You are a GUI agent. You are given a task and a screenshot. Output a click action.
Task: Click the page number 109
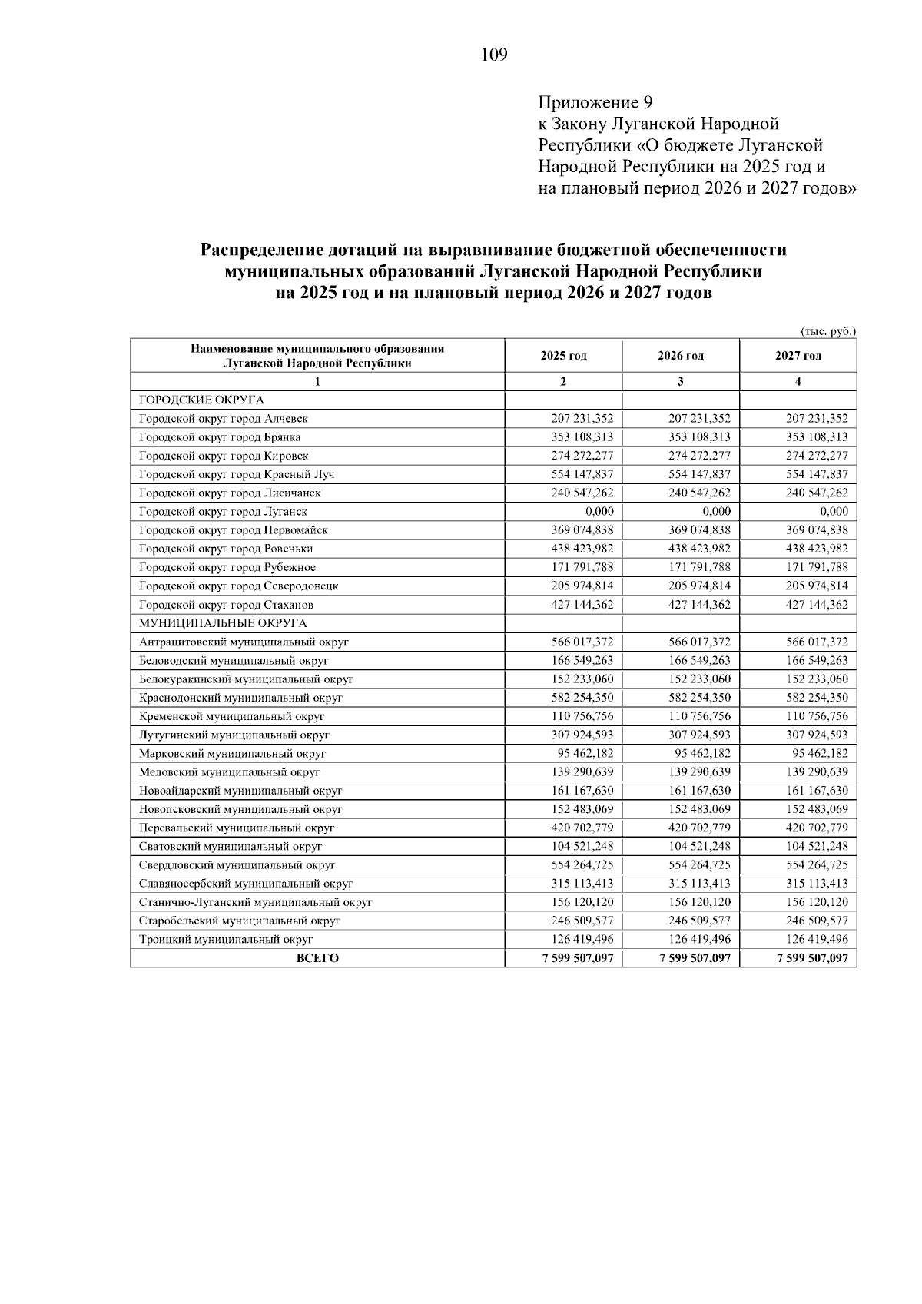[494, 55]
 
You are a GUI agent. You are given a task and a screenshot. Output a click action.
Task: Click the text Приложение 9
[595, 102]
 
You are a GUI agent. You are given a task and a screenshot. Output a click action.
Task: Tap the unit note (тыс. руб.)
[828, 331]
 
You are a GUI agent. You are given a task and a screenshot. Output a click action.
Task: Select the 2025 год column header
[563, 356]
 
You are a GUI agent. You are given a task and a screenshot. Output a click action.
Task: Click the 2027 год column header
[798, 356]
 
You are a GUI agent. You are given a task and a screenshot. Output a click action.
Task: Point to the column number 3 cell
[681, 381]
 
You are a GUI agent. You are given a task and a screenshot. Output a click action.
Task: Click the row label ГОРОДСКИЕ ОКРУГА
[201, 400]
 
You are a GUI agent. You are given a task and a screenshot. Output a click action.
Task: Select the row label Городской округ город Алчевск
[224, 419]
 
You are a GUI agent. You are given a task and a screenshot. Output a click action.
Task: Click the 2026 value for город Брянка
[699, 437]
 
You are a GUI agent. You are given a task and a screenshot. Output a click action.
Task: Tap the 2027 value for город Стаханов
[817, 605]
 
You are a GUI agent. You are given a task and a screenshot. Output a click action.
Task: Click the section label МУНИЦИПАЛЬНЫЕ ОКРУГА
[223, 623]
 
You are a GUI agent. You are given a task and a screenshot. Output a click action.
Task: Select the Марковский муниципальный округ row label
[233, 754]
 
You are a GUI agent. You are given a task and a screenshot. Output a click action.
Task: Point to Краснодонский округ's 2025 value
[582, 698]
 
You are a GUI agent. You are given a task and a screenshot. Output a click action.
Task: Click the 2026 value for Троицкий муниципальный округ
[699, 939]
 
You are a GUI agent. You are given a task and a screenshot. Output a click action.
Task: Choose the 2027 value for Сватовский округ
[817, 846]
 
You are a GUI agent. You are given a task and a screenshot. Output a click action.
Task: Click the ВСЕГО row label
[317, 958]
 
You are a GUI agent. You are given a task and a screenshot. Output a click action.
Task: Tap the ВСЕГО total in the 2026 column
[695, 958]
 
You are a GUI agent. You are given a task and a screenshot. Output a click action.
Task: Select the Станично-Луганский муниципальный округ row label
[256, 902]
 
